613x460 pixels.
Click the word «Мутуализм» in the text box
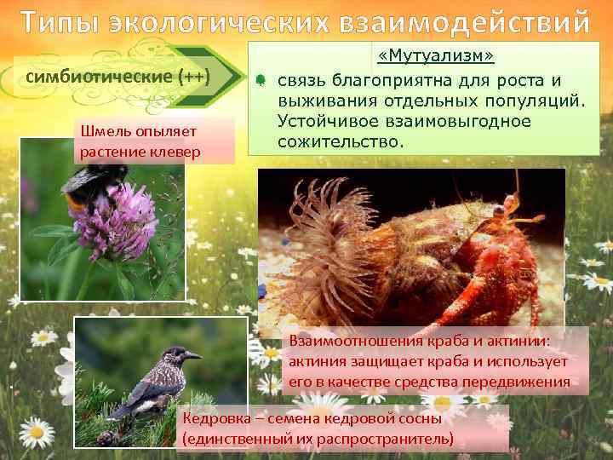pos(437,57)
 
